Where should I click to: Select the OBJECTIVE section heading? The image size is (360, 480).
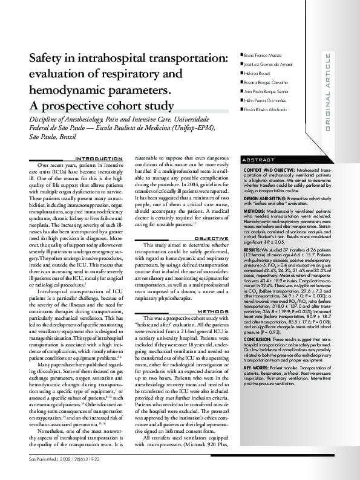click(211, 238)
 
